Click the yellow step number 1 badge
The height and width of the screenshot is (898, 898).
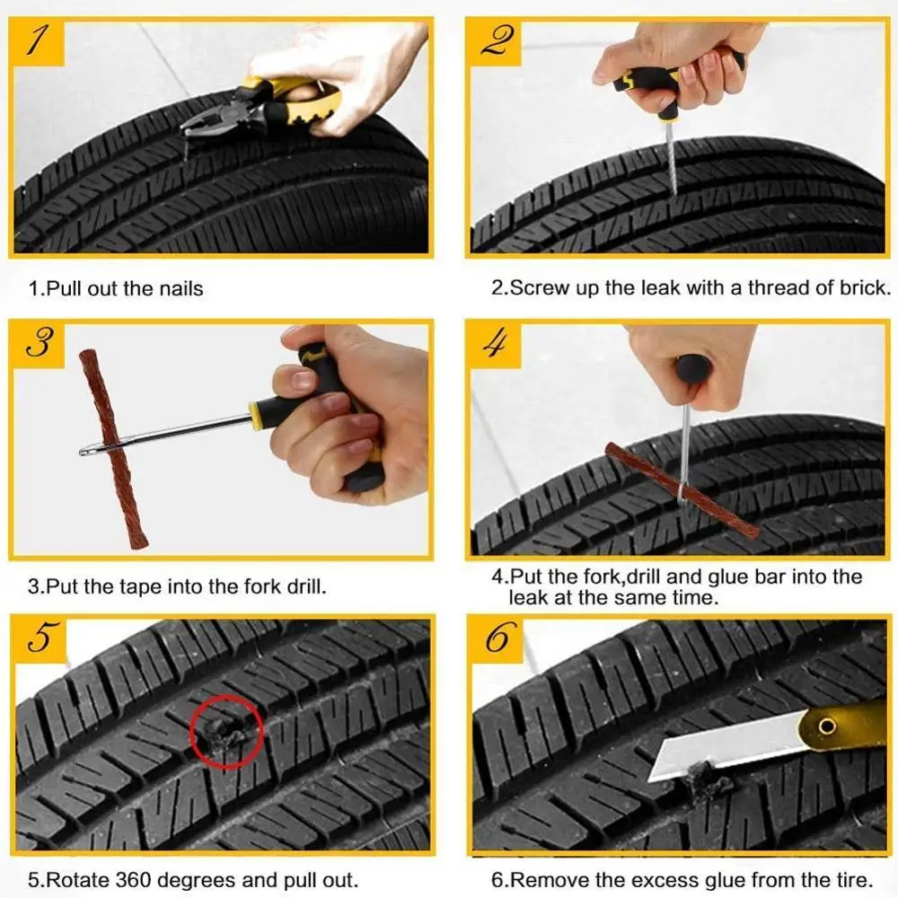(37, 41)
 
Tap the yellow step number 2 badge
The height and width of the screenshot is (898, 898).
(494, 41)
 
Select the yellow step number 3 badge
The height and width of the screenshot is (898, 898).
(37, 344)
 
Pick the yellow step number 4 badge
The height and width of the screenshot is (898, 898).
(494, 344)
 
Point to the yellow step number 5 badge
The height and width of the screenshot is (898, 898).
(39, 639)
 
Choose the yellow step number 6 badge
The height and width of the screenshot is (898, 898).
(496, 639)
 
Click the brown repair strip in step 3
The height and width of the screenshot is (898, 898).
(113, 448)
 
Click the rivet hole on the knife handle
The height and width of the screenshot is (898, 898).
(826, 726)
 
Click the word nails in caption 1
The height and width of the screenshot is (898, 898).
(181, 288)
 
